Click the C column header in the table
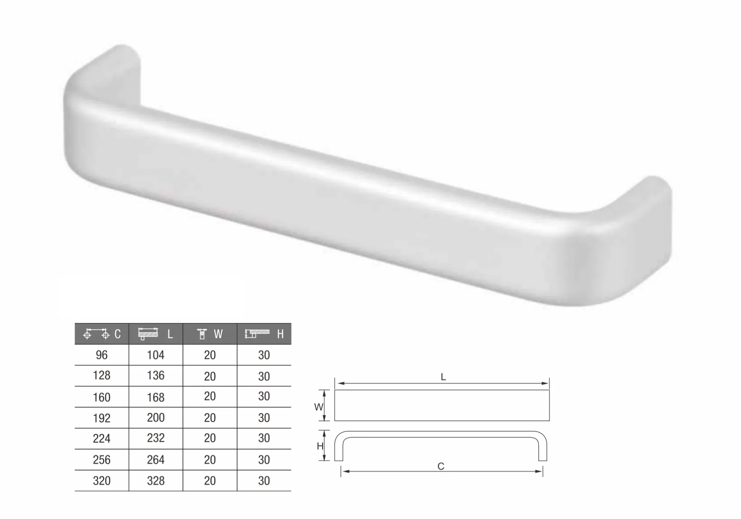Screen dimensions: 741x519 [102, 334]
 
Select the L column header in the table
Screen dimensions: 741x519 [156, 334]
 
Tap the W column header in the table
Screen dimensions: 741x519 [210, 334]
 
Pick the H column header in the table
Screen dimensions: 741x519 [264, 334]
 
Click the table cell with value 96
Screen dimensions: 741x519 [101, 355]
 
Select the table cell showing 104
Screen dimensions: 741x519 [156, 355]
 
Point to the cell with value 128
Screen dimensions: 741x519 [101, 375]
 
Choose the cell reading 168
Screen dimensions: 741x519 [156, 397]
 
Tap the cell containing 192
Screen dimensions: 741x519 [101, 418]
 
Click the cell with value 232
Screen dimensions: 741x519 [156, 438]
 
